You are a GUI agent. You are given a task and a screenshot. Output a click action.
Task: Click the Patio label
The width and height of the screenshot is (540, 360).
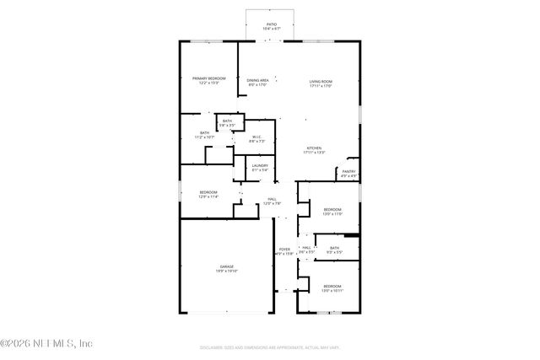point(272,25)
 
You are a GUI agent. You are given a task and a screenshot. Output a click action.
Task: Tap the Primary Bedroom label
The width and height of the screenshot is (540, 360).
point(208,78)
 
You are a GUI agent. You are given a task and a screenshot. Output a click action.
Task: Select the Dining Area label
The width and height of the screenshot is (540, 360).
point(257,80)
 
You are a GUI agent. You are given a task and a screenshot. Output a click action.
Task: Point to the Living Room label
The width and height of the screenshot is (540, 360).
point(321,80)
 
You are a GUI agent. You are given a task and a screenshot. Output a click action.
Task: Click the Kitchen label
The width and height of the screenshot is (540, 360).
point(314,148)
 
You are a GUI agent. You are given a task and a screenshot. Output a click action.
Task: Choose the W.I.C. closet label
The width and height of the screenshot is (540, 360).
point(256,137)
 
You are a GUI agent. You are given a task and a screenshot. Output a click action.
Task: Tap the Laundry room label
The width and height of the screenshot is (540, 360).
point(260,165)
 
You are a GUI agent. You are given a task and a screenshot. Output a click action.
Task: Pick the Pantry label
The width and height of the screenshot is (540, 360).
point(348,172)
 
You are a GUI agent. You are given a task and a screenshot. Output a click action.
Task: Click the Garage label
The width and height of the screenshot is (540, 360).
point(227,266)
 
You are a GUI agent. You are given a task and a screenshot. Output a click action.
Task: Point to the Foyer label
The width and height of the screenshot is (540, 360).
point(284,250)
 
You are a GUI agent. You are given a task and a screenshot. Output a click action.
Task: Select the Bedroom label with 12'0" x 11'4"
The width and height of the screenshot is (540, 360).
point(208,193)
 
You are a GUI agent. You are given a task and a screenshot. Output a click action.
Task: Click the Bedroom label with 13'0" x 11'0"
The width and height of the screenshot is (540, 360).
point(332,209)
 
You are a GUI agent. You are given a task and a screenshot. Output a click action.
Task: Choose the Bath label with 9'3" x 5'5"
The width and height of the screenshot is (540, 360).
point(335,248)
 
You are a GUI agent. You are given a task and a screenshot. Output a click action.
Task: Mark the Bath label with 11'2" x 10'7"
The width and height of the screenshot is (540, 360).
point(204,132)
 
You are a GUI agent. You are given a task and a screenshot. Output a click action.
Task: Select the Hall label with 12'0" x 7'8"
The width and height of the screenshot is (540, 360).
point(272,200)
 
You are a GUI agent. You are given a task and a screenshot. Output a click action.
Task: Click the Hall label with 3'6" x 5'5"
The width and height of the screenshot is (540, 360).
point(307,248)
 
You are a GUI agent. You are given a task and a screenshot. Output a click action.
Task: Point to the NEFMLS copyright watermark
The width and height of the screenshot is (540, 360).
point(46,342)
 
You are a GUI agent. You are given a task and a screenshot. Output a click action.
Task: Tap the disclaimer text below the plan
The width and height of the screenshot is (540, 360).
point(270,347)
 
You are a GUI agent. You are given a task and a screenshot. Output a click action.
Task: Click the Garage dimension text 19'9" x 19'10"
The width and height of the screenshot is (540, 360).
point(227,271)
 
